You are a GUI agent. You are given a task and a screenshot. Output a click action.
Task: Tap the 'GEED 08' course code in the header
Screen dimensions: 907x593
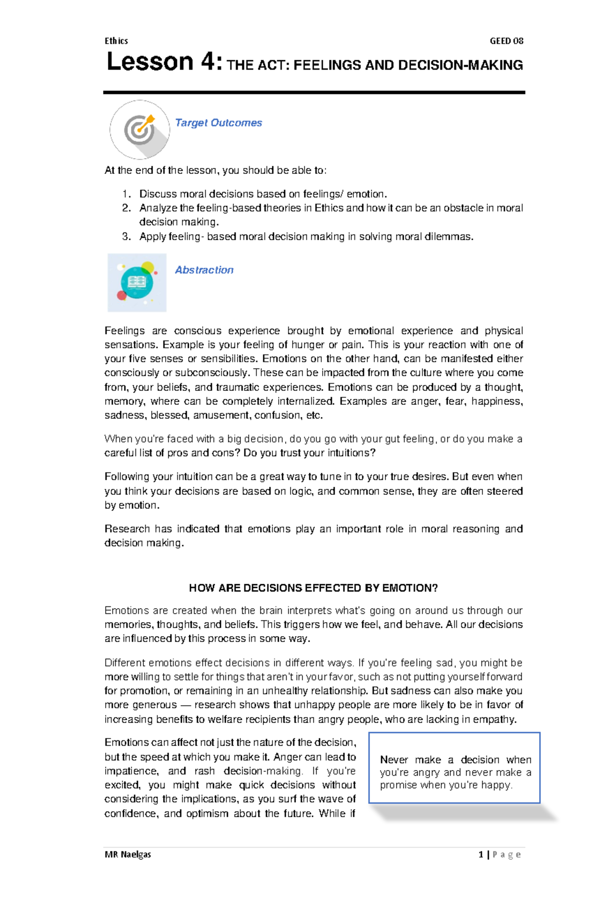(506, 41)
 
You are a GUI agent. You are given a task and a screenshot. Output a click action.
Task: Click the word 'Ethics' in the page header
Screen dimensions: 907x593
(116, 41)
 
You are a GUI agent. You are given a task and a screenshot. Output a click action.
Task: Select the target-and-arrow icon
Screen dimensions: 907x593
(140, 130)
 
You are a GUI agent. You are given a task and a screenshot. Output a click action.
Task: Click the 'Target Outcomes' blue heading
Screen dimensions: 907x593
(218, 123)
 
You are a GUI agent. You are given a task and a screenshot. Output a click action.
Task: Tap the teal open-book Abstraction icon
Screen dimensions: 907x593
(137, 282)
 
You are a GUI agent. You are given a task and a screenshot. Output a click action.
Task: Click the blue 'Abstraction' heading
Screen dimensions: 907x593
(204, 270)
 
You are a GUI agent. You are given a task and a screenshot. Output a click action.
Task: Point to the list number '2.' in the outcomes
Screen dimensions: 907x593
(127, 208)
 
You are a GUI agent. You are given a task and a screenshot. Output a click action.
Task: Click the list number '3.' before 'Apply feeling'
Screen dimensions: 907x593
(127, 237)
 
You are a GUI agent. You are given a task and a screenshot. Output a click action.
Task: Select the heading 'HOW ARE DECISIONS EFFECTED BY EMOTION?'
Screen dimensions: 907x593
(313, 588)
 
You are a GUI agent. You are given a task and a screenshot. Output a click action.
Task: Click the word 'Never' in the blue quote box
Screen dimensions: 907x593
(394, 760)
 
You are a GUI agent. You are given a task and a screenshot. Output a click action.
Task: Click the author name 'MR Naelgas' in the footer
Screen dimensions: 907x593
(128, 854)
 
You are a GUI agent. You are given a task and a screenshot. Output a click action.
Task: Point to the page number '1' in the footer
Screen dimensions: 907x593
(481, 854)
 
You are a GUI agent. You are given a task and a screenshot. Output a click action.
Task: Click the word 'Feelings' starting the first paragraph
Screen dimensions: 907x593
(125, 331)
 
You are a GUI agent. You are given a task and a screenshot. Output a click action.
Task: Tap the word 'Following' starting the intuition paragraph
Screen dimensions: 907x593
(127, 477)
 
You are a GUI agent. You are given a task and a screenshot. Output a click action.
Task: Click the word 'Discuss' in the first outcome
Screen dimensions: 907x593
(158, 194)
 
